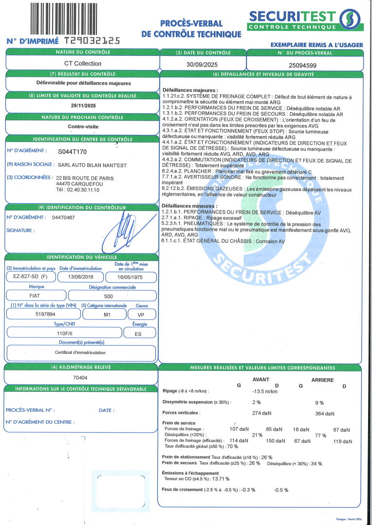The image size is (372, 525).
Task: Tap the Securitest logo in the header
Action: pos(306,20)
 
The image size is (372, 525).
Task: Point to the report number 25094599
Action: pos(302,65)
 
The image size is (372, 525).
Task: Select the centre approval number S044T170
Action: pos(72,152)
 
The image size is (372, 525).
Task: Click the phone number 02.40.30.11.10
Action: pos(81,190)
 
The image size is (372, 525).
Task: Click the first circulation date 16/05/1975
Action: pos(131,277)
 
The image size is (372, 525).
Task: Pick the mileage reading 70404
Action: pos(80,377)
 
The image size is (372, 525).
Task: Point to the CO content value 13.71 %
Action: pos(220,479)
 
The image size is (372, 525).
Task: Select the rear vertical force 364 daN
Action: pos(325,414)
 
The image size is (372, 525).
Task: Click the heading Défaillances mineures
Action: pos(190,206)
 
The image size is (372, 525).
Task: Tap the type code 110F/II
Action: pos(64,333)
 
